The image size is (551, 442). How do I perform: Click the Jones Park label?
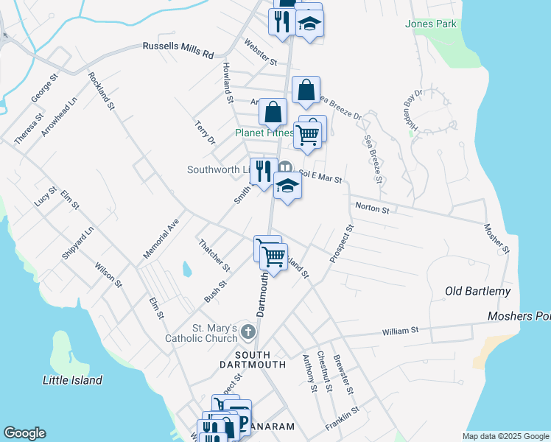431,24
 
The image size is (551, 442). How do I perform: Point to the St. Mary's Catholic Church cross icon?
248,334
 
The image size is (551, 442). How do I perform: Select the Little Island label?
72,380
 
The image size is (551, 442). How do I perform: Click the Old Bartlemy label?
477,292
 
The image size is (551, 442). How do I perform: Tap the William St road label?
400,331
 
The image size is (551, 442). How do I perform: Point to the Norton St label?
372,208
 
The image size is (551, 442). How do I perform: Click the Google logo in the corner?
24,433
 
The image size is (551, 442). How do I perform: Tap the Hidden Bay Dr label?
410,109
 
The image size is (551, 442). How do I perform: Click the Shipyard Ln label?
78,242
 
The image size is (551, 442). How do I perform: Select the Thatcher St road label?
214,254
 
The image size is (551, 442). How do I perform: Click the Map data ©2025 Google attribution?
505,436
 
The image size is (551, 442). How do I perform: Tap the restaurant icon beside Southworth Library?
263,171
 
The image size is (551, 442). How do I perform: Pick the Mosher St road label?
496,239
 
